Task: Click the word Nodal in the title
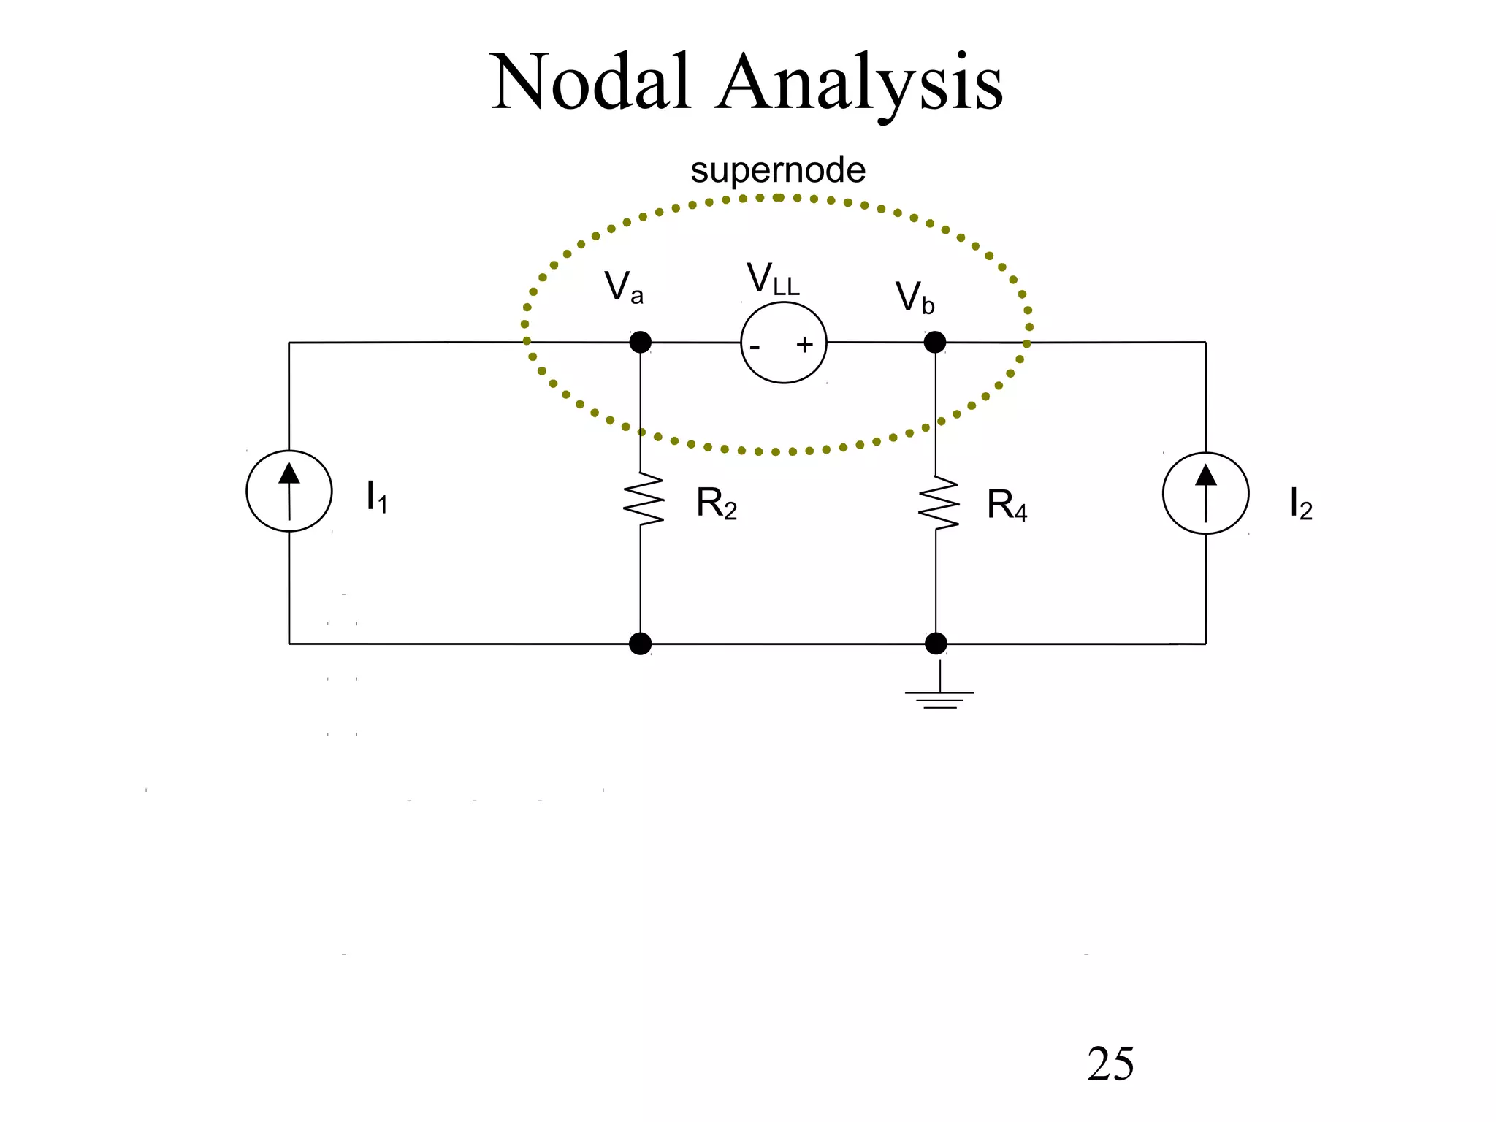tap(590, 83)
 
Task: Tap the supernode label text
tap(778, 170)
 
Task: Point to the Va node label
tap(624, 286)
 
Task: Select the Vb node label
tap(915, 297)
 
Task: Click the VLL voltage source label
tap(773, 280)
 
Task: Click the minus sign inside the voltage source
tap(755, 347)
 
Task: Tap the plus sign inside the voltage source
tap(804, 345)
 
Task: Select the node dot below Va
tap(640, 342)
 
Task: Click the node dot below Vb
tap(935, 342)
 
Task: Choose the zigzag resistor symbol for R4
tap(937, 502)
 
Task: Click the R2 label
tap(716, 503)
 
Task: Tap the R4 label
tap(1007, 505)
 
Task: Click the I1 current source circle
tap(289, 491)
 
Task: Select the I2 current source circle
tap(1205, 493)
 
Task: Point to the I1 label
tap(376, 497)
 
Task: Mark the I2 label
tap(1300, 504)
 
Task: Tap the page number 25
tap(1110, 1064)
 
